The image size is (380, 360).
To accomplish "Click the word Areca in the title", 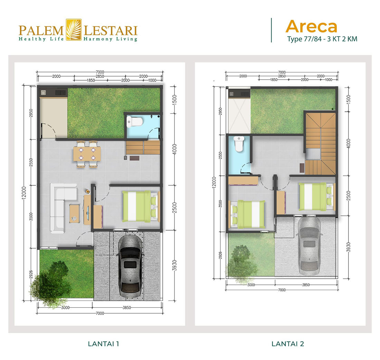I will (311, 27).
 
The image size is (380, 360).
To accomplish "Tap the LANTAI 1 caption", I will (104, 344).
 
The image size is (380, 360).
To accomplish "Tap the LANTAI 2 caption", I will (288, 344).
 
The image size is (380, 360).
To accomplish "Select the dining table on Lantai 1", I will (87, 154).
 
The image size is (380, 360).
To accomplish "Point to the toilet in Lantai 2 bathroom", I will (239, 145).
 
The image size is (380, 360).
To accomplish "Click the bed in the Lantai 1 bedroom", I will (140, 206).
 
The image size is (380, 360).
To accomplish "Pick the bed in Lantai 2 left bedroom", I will (248, 214).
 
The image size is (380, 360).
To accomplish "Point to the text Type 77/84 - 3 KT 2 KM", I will (322, 39).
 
